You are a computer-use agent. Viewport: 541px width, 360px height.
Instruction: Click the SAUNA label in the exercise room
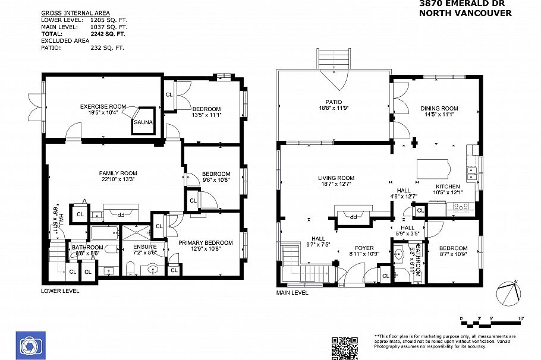tap(143, 122)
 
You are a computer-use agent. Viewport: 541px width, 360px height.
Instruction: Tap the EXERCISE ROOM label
tap(103, 106)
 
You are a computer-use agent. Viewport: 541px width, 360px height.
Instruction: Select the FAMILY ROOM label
tap(118, 173)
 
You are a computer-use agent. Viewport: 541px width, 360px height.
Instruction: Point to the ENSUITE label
tap(144, 247)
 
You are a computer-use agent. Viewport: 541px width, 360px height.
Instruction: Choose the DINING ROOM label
tap(439, 108)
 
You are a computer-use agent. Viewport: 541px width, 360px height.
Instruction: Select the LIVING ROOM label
tap(336, 178)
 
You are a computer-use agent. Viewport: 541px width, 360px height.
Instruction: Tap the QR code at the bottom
tap(344, 348)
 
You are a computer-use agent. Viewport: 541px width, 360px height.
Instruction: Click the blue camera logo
tap(29, 345)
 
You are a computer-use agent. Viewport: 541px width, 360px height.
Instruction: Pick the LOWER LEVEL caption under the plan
tap(59, 291)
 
